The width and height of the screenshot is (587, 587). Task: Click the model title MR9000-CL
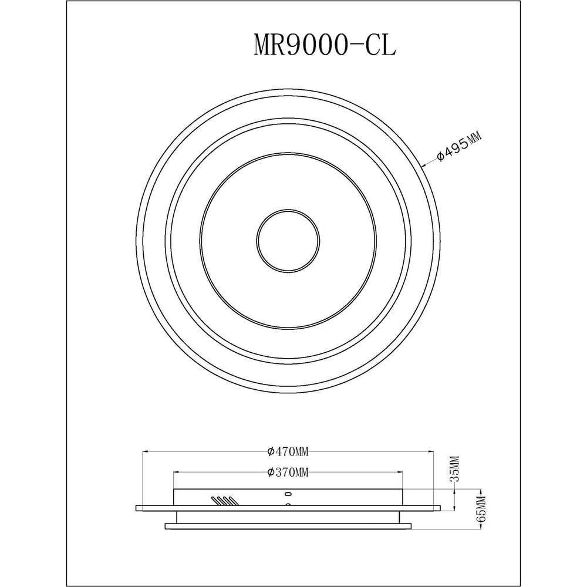tap(325, 45)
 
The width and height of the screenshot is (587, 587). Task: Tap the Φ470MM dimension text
tap(288, 452)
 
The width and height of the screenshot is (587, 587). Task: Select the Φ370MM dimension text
tap(288, 473)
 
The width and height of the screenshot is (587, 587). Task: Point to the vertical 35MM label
tap(454, 468)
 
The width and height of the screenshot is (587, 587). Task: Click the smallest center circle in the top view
tap(288, 241)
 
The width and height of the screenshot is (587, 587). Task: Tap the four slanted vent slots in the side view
tap(224, 501)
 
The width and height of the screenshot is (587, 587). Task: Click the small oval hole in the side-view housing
tap(288, 493)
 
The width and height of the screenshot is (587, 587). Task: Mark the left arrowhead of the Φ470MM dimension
tap(146, 452)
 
